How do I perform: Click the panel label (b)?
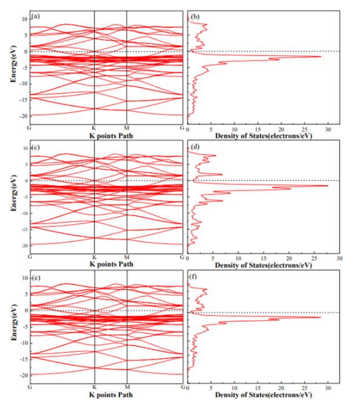[196, 16]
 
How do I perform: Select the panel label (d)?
[196, 146]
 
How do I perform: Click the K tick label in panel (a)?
[94, 128]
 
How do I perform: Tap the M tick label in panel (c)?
[127, 257]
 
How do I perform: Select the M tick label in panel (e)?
[127, 387]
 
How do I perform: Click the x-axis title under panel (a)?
[106, 135]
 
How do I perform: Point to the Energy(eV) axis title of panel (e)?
[13, 327]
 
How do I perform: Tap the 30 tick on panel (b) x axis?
[327, 128]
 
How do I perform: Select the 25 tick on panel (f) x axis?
[304, 387]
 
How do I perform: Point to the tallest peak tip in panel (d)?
[328, 186]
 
